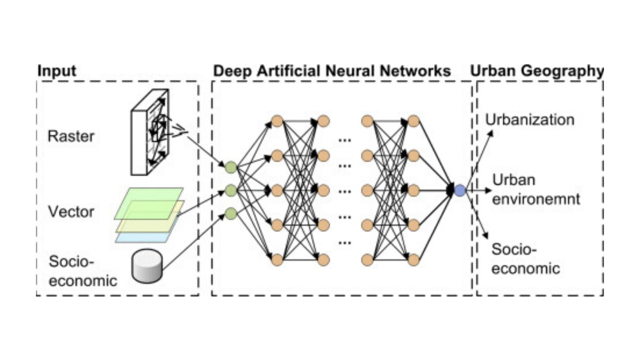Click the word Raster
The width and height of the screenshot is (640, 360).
coord(71,136)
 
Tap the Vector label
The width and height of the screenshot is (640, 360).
coord(71,212)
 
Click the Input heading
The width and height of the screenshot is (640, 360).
coord(57,71)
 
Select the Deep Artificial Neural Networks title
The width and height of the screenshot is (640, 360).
coord(332,71)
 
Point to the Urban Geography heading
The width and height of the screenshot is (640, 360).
coord(537,71)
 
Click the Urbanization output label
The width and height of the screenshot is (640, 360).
coord(529,120)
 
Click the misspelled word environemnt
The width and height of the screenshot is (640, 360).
coord(536,199)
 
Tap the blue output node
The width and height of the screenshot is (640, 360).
coord(460,191)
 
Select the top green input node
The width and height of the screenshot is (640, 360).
coord(231,167)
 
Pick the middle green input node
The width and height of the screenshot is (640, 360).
coord(231,191)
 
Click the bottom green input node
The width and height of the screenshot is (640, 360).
coord(231,214)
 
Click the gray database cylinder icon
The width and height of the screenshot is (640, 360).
coord(147,266)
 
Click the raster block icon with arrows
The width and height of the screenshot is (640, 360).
coord(150,132)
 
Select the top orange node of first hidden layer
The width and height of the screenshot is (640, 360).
coord(277,121)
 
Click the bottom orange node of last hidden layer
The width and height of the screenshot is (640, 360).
coord(413,260)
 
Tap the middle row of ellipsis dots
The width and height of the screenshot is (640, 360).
coord(345,191)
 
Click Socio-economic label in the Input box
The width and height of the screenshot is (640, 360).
coord(83,271)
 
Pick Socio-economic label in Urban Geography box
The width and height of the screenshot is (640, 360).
coord(525,259)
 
